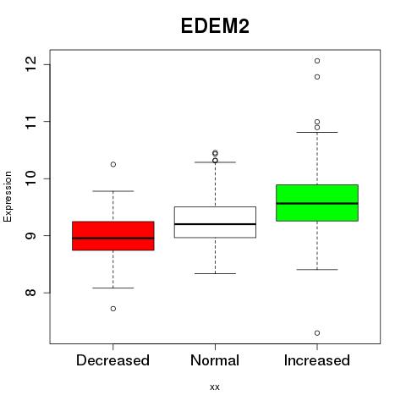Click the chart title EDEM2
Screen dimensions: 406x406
coord(215,26)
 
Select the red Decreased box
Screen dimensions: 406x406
coord(113,236)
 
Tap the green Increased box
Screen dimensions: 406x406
coord(317,203)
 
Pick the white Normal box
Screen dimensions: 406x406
coord(215,222)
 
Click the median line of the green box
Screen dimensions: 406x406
coord(317,203)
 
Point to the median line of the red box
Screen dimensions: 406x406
coord(113,239)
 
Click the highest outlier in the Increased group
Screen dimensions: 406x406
coord(317,61)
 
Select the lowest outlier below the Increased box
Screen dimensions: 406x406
coord(317,333)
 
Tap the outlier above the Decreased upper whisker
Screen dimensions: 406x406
coord(113,164)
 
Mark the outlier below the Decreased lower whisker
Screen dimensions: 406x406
coord(113,309)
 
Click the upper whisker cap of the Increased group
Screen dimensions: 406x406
coord(317,132)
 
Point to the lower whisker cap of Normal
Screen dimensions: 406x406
coord(215,273)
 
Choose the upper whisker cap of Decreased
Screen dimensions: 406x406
coord(113,191)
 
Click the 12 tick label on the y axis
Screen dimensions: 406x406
coord(31,64)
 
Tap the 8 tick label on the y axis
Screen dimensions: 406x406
coord(31,292)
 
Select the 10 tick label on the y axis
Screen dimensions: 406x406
coord(31,178)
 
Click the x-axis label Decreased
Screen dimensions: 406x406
coord(112,360)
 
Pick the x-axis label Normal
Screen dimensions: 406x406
coord(215,360)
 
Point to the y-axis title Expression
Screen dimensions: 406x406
coord(8,196)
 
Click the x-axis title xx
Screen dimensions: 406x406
coord(215,387)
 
